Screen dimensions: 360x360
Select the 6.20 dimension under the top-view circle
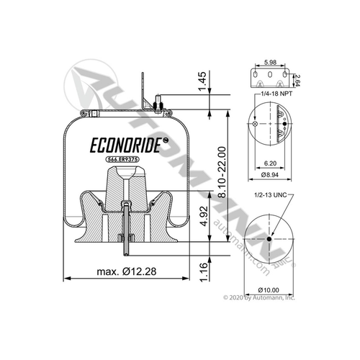tap(271, 164)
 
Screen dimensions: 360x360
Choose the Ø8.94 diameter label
tap(271, 174)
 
